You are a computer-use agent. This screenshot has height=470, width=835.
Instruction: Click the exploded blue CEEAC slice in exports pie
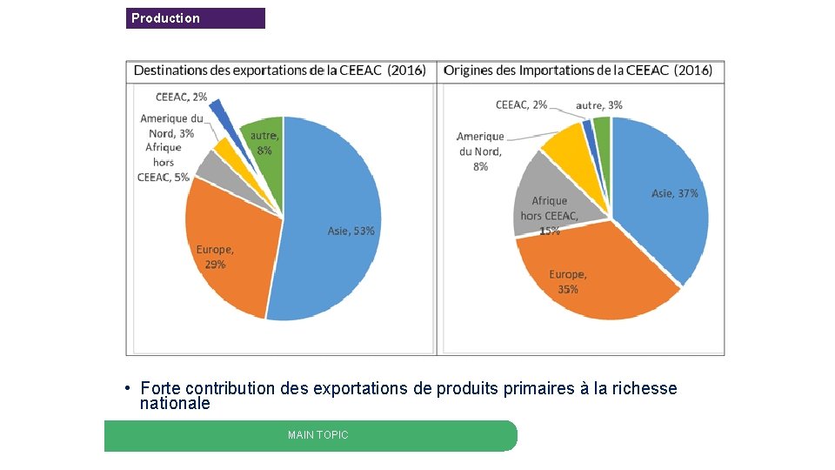[x=217, y=111]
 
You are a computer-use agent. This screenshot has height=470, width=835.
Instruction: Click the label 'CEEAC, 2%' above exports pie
[x=181, y=97]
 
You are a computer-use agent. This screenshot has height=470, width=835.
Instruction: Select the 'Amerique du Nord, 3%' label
[x=171, y=126]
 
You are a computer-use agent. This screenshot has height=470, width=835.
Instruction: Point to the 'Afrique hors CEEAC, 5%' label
[x=164, y=163]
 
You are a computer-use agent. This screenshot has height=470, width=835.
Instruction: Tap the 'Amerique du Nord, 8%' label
[x=480, y=151]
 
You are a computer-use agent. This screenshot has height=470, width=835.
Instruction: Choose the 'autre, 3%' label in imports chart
[x=598, y=105]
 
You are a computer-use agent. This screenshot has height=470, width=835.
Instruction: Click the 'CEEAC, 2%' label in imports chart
[x=521, y=105]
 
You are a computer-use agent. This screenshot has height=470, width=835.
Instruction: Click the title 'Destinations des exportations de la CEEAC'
[x=279, y=70]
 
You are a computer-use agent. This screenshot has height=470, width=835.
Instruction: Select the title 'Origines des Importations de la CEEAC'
[x=578, y=70]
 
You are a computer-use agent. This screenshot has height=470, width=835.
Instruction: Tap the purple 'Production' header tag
[x=195, y=18]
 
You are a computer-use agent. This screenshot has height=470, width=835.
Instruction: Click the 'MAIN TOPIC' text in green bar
[x=317, y=435]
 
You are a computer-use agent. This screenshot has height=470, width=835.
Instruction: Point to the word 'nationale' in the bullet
[x=175, y=404]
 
